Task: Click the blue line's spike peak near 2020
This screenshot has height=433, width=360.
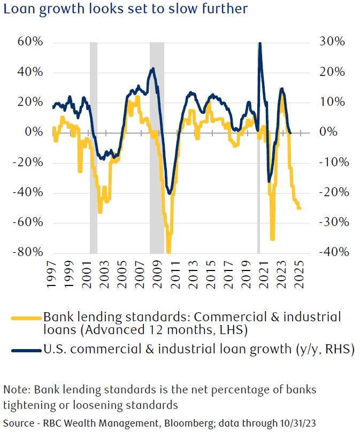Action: [x=259, y=43]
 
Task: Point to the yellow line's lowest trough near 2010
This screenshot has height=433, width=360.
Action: [x=169, y=251]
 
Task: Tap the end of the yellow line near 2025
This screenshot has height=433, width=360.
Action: [x=300, y=208]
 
